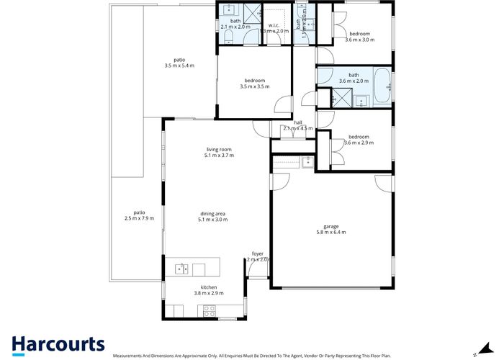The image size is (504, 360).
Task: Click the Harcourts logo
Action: coord(58,344)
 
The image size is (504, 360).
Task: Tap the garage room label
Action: coord(330,226)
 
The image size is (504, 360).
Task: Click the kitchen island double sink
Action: coord(181,269)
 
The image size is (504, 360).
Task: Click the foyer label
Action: coord(257,253)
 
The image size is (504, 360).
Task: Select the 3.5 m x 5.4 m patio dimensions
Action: coord(179,66)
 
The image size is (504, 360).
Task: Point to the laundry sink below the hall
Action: coord(307,161)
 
